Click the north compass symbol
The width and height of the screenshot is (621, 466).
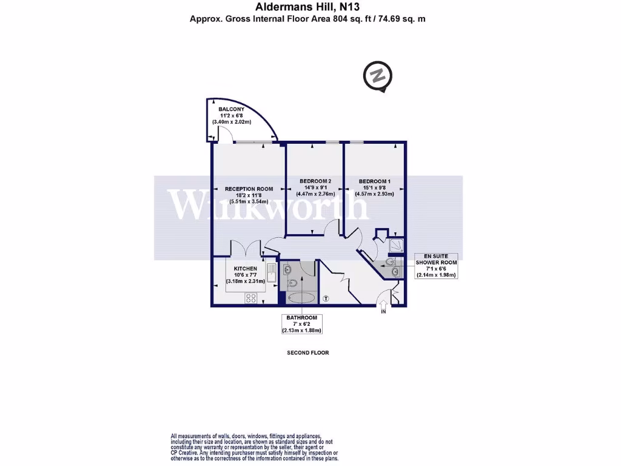377,77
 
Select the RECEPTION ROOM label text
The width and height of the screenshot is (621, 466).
249,189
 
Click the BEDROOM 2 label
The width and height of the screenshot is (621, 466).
315,181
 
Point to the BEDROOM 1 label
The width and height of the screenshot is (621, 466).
374,181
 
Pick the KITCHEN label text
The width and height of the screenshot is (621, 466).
246,268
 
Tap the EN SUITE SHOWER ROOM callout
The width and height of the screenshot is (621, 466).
435,265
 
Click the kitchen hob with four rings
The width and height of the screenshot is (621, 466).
250,298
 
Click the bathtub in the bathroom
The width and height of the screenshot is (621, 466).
301,298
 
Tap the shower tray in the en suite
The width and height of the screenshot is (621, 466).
397,244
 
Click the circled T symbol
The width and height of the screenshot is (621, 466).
326,299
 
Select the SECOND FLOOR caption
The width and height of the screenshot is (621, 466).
307,353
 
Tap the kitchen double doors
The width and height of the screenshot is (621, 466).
246,250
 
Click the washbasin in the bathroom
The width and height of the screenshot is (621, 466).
287,269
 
